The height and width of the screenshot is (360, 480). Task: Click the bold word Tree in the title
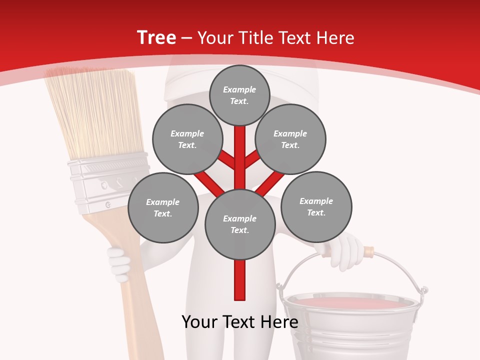(156, 38)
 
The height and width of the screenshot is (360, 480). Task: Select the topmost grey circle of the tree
(239, 95)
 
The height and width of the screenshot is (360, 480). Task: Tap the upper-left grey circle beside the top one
(187, 139)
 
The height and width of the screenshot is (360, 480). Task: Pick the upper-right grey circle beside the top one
(290, 139)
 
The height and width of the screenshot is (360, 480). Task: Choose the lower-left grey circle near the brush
(163, 207)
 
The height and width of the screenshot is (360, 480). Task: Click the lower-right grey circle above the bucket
(316, 206)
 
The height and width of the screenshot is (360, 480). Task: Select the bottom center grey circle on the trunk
(240, 224)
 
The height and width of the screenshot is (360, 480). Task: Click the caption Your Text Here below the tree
(240, 322)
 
